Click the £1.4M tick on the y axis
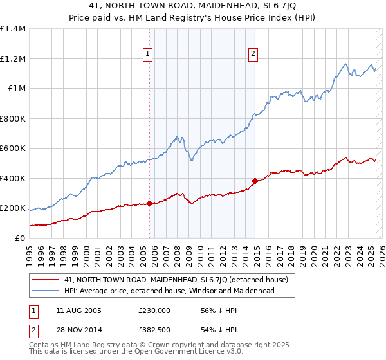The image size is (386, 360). (13, 29)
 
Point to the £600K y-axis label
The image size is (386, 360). (13, 148)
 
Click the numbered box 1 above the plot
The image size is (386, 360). (149, 54)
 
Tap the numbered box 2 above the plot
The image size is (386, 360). (253, 54)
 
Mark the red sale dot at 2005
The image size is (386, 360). (149, 204)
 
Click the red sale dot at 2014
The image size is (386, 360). (255, 181)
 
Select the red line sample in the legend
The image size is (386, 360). (46, 280)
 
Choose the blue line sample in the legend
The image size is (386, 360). (46, 291)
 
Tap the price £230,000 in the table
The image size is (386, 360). (154, 310)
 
